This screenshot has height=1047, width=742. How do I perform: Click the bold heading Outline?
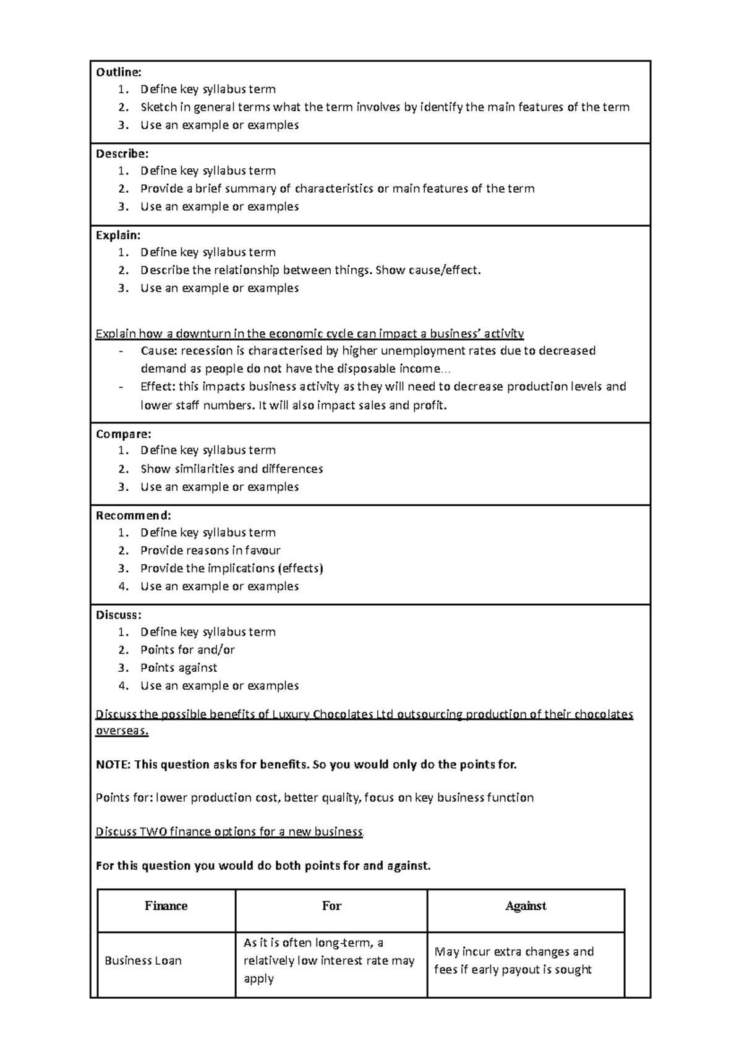119,72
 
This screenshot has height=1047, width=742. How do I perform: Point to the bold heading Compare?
124,433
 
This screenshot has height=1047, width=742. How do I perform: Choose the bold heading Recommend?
133,515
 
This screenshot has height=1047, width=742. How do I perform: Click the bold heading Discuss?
119,614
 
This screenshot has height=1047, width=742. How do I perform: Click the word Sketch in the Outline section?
158,107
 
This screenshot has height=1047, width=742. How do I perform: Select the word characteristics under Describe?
334,189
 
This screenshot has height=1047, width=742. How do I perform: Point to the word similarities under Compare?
205,468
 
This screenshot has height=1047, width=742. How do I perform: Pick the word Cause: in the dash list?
159,351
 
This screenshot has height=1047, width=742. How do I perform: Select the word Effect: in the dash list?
158,387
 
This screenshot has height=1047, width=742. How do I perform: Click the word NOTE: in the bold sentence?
113,765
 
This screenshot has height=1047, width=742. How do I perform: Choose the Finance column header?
166,906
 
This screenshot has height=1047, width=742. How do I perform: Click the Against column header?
526,906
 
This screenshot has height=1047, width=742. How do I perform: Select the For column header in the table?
331,906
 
